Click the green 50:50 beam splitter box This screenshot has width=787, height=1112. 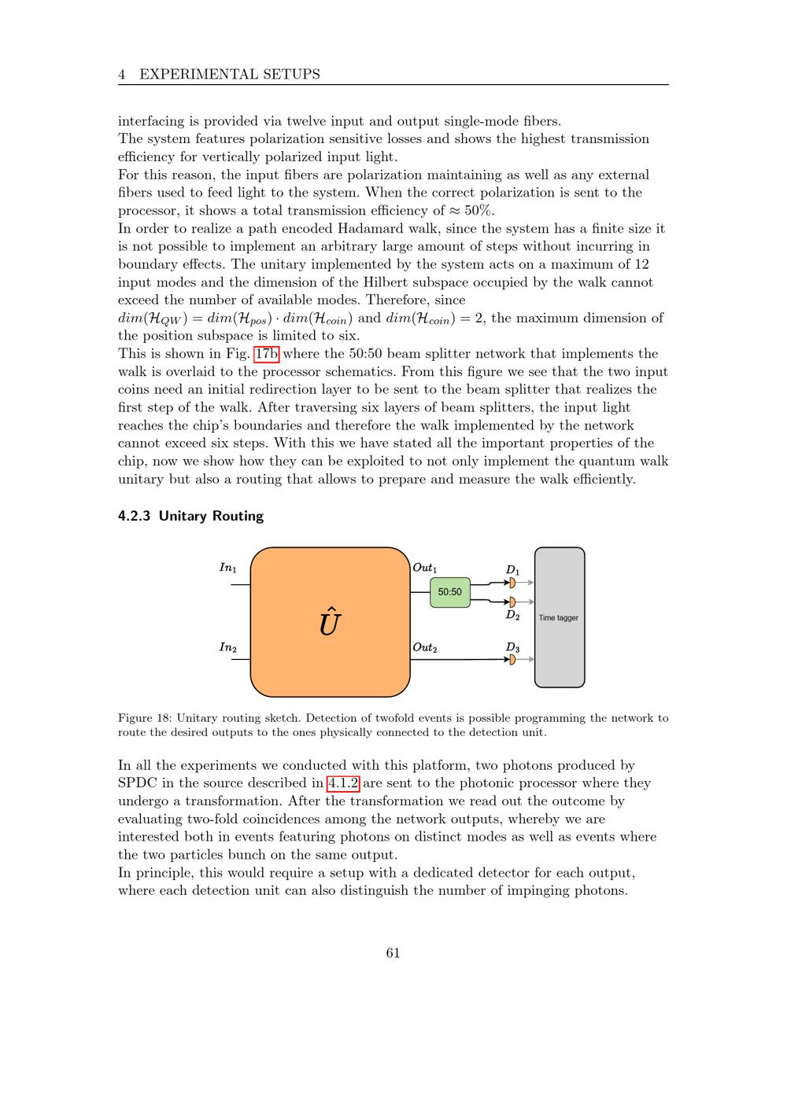pos(449,592)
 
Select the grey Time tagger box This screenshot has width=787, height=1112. pos(560,617)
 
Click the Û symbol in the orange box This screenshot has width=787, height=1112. pos(330,621)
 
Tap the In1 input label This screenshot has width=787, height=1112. pos(227,567)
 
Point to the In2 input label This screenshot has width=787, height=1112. pos(227,647)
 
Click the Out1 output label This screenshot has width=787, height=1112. pos(425,567)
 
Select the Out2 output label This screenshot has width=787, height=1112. pos(425,647)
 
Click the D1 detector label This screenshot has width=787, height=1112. pos(512,569)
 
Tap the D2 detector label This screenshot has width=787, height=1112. pos(512,615)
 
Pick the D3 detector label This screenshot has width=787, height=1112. pos(512,647)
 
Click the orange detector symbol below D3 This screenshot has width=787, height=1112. pos(512,660)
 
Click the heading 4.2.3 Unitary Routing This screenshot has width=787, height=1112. pos(190,516)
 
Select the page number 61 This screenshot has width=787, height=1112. pos(393,953)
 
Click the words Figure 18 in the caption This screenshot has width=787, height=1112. pos(144,718)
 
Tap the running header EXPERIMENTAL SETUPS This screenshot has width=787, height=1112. pos(230,75)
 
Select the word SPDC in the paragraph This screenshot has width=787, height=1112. pos(138,783)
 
